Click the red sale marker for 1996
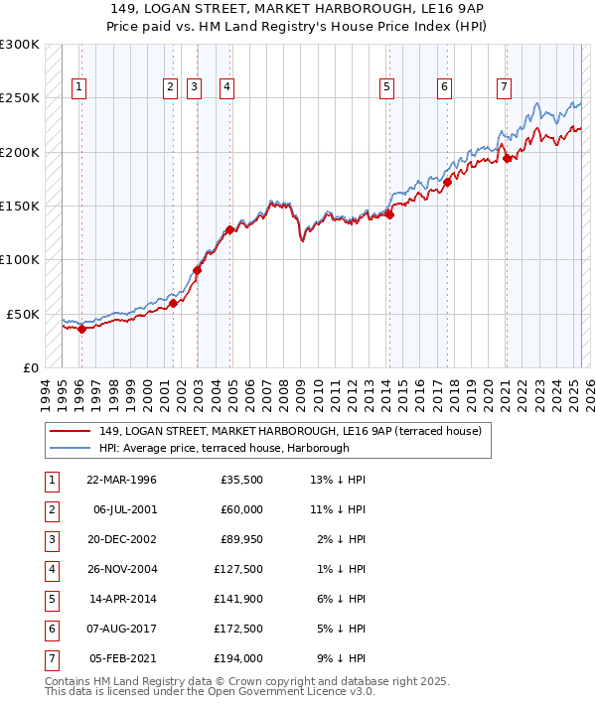tap(81, 330)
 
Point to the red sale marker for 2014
tap(390, 213)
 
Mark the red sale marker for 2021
tap(507, 157)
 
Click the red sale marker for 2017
tap(448, 181)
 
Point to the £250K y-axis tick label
tap(20, 98)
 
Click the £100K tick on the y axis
tap(20, 259)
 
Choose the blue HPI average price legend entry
tap(223, 449)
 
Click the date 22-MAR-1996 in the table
tap(121, 480)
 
